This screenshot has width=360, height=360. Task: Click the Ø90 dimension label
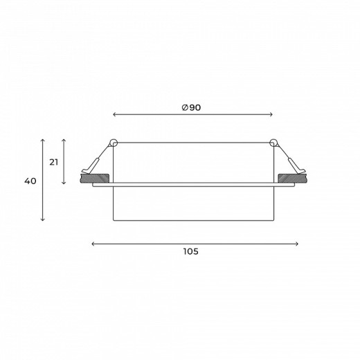coord(191,107)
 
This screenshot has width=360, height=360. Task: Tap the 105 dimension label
coord(191,251)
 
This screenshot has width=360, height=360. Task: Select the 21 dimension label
coord(53,163)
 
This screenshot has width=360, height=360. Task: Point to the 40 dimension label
coord(30,181)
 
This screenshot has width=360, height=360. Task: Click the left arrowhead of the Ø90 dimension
coord(114,114)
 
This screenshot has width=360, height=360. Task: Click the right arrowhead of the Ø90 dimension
coord(271,114)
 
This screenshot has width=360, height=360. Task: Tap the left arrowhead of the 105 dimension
coord(93,244)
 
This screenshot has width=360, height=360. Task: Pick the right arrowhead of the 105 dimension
coord(297,244)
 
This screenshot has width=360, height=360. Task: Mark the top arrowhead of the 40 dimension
coord(42,141)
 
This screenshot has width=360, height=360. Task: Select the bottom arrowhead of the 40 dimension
coord(42,219)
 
